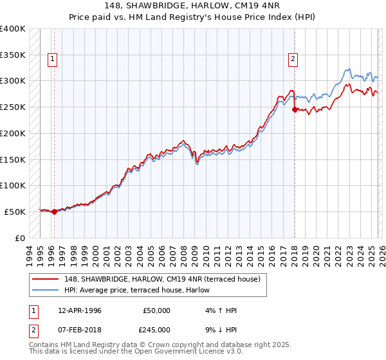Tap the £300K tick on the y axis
(x=13, y=81)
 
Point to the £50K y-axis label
(x=15, y=212)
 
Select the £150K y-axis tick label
(x=13, y=159)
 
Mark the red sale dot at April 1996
(x=54, y=212)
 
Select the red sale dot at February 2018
(x=295, y=110)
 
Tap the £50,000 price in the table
(x=156, y=310)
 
